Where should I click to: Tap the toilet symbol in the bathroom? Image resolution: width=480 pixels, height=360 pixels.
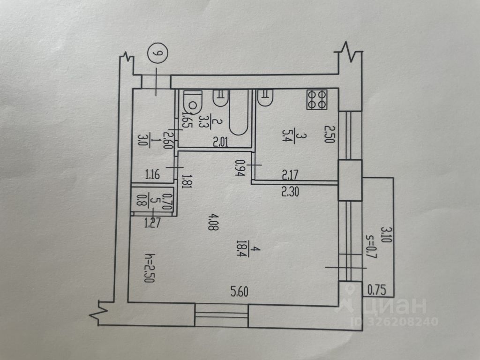tap(192, 100)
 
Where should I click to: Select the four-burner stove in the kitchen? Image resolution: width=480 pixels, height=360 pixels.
tap(317, 99)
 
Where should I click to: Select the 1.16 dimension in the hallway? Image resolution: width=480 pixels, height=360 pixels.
tap(153, 176)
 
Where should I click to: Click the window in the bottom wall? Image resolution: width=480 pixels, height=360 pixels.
tap(221, 315)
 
